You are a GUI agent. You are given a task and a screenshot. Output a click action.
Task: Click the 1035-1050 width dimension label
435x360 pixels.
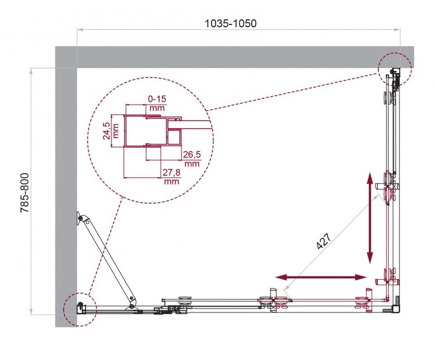[231, 24]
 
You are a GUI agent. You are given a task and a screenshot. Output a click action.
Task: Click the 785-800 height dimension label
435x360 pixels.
[25, 193]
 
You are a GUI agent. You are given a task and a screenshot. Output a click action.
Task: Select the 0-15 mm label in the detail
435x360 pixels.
[157, 102]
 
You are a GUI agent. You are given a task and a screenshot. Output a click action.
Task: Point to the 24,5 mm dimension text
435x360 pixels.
[110, 131]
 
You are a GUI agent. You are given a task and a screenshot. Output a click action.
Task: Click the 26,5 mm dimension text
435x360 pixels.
[192, 158]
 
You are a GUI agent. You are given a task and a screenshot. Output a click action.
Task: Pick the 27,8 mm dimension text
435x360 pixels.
[171, 177]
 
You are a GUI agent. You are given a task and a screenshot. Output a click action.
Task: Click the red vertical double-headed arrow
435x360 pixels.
[370, 217]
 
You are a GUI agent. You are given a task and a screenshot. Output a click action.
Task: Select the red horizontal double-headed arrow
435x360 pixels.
[321, 277]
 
